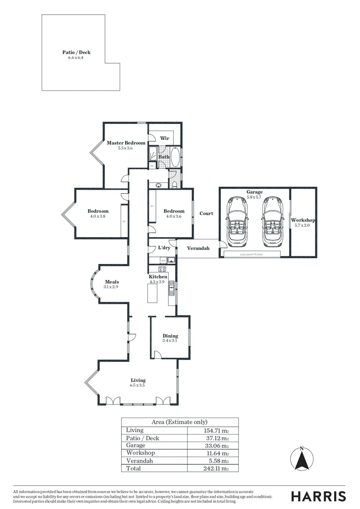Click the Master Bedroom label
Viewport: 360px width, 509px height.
click(x=126, y=143)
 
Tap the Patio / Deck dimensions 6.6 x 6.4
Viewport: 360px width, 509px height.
click(x=76, y=57)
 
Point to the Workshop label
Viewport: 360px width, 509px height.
click(x=303, y=220)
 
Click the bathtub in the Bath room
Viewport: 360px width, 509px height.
click(x=175, y=157)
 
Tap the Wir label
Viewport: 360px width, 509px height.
click(x=164, y=138)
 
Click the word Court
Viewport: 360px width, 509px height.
click(x=206, y=213)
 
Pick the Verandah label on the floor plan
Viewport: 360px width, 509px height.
click(x=198, y=248)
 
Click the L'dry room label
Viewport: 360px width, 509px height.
click(x=164, y=247)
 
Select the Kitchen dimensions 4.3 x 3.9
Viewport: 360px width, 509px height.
click(x=158, y=281)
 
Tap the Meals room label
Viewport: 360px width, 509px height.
click(x=112, y=282)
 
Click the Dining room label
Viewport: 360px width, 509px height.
click(x=170, y=336)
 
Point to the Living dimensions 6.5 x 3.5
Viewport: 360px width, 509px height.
click(x=138, y=385)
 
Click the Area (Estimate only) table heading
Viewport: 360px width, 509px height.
click(x=179, y=422)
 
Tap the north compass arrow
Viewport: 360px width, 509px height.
click(x=302, y=458)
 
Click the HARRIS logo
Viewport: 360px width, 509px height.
click(x=318, y=496)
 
